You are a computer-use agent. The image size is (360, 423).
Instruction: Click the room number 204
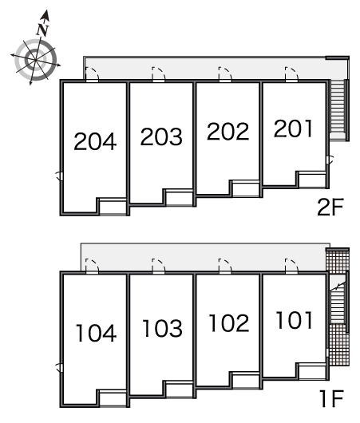(95, 141)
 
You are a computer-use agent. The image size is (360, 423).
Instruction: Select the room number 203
(161, 136)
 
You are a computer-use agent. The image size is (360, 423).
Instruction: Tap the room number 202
(228, 132)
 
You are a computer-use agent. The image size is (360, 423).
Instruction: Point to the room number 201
(293, 128)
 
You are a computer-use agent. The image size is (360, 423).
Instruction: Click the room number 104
(96, 333)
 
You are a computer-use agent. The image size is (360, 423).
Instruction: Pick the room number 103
(163, 328)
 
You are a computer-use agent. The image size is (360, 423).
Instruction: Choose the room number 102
(229, 323)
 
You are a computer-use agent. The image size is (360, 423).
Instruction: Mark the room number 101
(295, 320)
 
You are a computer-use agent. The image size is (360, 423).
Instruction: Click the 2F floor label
(330, 207)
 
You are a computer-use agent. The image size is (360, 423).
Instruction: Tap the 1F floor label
(332, 399)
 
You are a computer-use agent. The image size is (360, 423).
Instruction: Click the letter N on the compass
(42, 30)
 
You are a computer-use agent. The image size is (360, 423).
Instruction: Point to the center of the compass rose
(35, 60)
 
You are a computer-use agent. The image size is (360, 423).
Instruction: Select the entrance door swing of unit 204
(92, 74)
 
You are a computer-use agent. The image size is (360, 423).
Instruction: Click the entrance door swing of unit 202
(225, 74)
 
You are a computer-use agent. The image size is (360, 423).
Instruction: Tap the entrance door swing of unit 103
(159, 266)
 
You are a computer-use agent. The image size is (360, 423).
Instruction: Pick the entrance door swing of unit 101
(291, 266)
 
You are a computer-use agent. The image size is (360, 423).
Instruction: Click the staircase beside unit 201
(338, 109)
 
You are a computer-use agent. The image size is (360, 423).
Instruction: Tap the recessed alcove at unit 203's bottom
(179, 198)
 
